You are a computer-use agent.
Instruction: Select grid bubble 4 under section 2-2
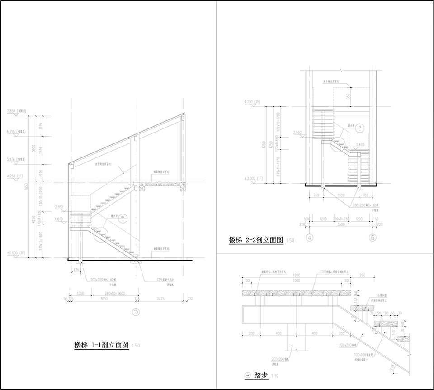pos(310,238)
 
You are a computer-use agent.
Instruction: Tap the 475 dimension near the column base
pos(76,270)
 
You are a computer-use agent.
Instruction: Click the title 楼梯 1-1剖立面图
pos(102,345)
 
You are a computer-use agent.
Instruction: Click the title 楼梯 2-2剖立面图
pos(256,240)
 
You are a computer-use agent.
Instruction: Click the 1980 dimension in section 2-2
pos(340,195)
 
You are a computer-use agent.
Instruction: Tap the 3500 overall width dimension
pos(341,224)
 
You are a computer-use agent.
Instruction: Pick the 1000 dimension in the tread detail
pos(296,281)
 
